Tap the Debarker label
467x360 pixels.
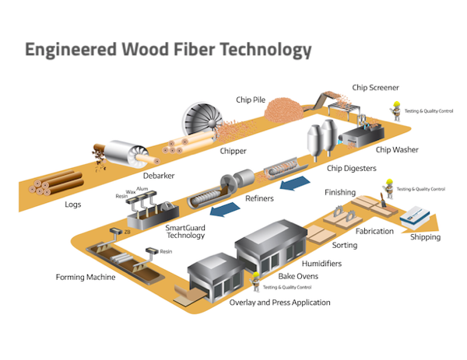coord(159,176)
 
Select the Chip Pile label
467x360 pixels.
coord(251,100)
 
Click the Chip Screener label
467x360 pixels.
coord(377,88)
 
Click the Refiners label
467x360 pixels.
coord(259,199)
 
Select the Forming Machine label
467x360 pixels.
coord(86,277)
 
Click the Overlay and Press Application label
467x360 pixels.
coord(280,302)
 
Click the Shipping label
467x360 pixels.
coord(425,237)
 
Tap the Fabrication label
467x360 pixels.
coord(374,231)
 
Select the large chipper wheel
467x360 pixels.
coord(200,121)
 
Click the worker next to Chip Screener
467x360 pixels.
coord(396,109)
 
